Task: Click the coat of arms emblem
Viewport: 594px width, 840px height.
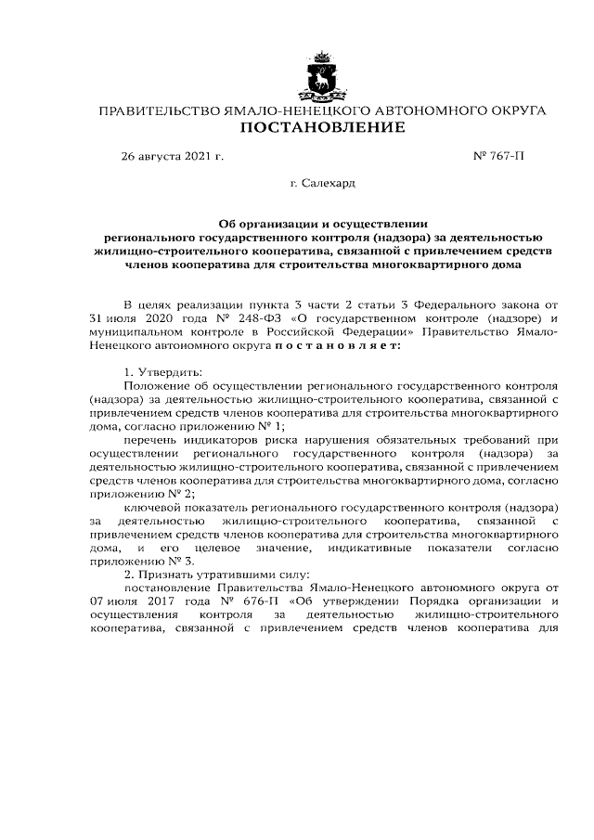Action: (322, 78)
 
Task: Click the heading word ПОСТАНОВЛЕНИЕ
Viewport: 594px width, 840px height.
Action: (322, 126)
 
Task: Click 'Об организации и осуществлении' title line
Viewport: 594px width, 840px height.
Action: (322, 223)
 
